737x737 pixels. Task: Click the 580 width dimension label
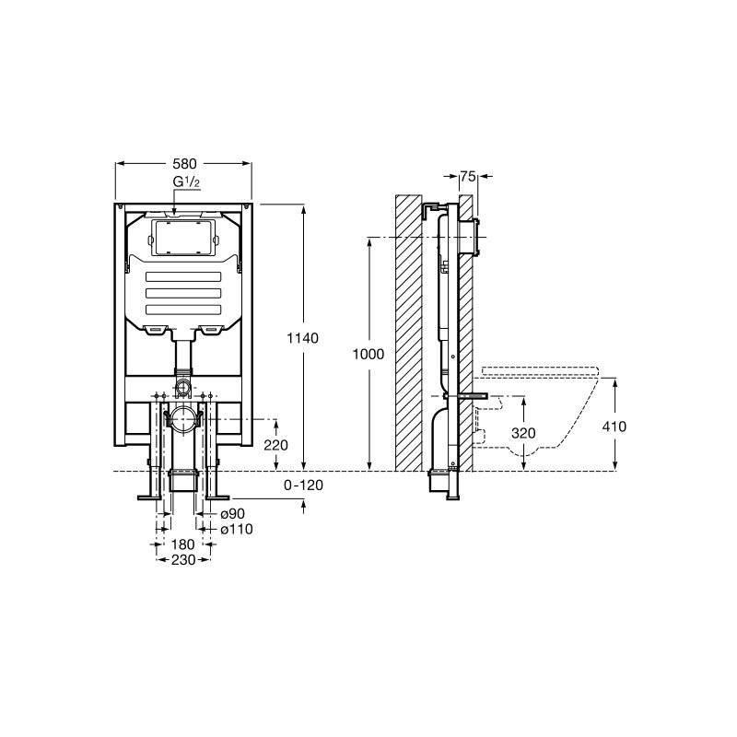click(x=184, y=164)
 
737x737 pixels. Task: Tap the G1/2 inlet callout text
click(x=187, y=181)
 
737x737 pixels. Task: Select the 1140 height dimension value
click(x=303, y=338)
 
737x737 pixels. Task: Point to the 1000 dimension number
click(x=368, y=354)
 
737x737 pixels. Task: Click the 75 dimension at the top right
click(x=468, y=176)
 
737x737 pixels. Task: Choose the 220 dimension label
click(x=275, y=445)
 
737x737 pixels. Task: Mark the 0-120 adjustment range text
click(x=304, y=485)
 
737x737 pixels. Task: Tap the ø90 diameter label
click(x=233, y=514)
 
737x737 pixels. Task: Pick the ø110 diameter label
click(x=237, y=529)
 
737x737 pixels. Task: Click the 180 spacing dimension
click(x=182, y=544)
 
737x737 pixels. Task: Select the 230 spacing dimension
click(x=182, y=560)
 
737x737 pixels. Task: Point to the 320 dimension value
click(x=523, y=432)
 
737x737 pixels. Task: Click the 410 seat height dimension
click(x=614, y=427)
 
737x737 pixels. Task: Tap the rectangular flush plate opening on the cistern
click(x=183, y=239)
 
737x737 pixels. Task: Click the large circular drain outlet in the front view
click(x=183, y=419)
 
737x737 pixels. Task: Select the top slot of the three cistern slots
click(x=183, y=276)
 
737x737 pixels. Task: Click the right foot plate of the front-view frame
click(x=217, y=497)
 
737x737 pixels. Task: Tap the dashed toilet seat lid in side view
click(x=541, y=371)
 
